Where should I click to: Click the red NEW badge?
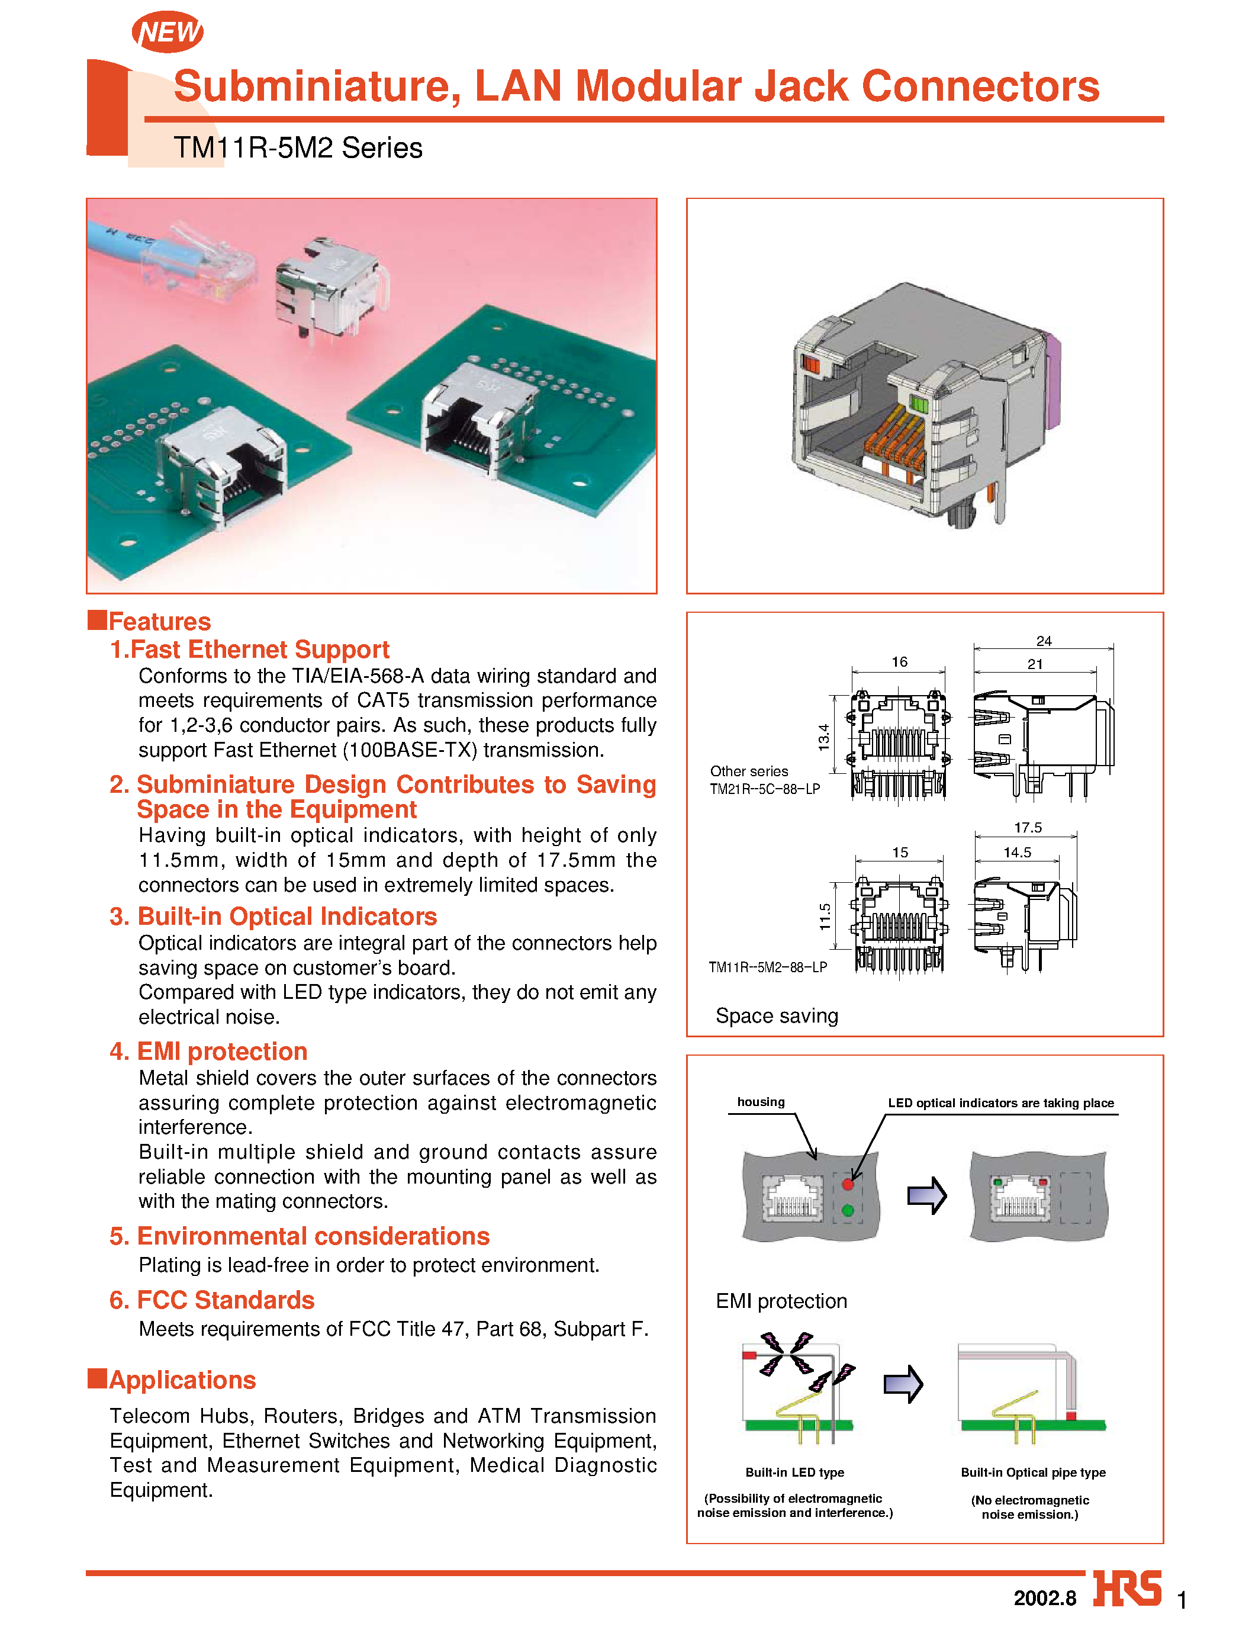[168, 32]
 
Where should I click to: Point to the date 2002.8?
[1044, 1598]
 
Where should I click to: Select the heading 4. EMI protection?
[208, 1051]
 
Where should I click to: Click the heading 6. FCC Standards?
[213, 1300]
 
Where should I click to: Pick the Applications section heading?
[182, 1380]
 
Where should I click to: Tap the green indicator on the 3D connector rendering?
[919, 406]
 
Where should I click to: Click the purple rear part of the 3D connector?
[1053, 380]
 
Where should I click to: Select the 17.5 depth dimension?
[1028, 827]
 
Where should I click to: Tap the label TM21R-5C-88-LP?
[765, 789]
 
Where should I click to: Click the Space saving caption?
[777, 1016]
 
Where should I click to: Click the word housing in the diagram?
[761, 1102]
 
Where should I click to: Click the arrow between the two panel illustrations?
[926, 1195]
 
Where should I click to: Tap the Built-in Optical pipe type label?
[1033, 1472]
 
